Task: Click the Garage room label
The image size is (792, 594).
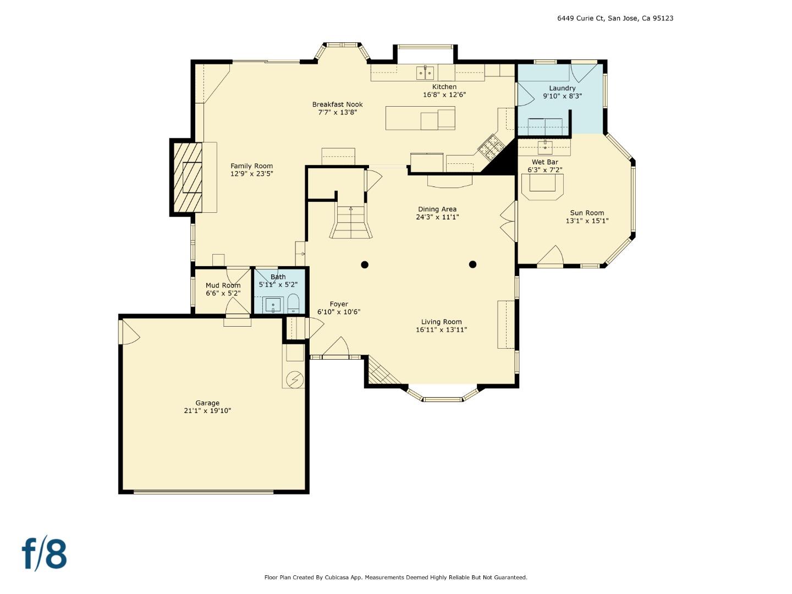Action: [x=207, y=403]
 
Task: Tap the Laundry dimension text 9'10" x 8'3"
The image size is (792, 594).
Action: [x=562, y=96]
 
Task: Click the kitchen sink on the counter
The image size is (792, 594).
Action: [x=425, y=72]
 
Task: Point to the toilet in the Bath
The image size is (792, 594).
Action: [x=293, y=303]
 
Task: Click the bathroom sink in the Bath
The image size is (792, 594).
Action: [x=273, y=304]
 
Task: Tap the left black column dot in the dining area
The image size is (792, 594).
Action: [x=364, y=265]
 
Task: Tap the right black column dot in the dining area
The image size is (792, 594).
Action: [x=472, y=265]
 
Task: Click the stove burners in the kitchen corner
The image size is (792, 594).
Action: [x=490, y=147]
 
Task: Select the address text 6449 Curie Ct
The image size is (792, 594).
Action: [x=580, y=18]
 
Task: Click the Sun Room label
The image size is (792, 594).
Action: [x=587, y=213]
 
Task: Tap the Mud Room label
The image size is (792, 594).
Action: [x=223, y=285]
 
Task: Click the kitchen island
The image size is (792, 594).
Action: [x=420, y=118]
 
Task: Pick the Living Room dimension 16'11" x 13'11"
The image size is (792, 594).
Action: [x=441, y=330]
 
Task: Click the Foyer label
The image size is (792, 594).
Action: [x=339, y=304]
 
